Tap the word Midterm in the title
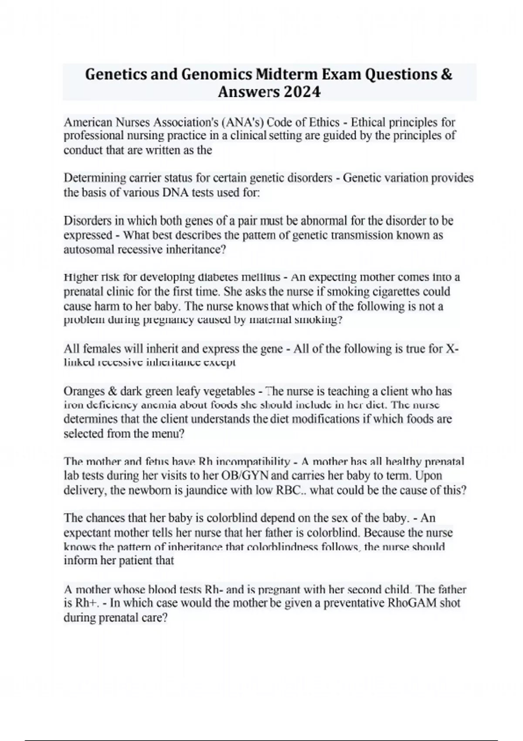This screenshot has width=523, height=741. coord(286,75)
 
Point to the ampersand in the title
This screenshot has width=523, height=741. coord(446,75)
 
